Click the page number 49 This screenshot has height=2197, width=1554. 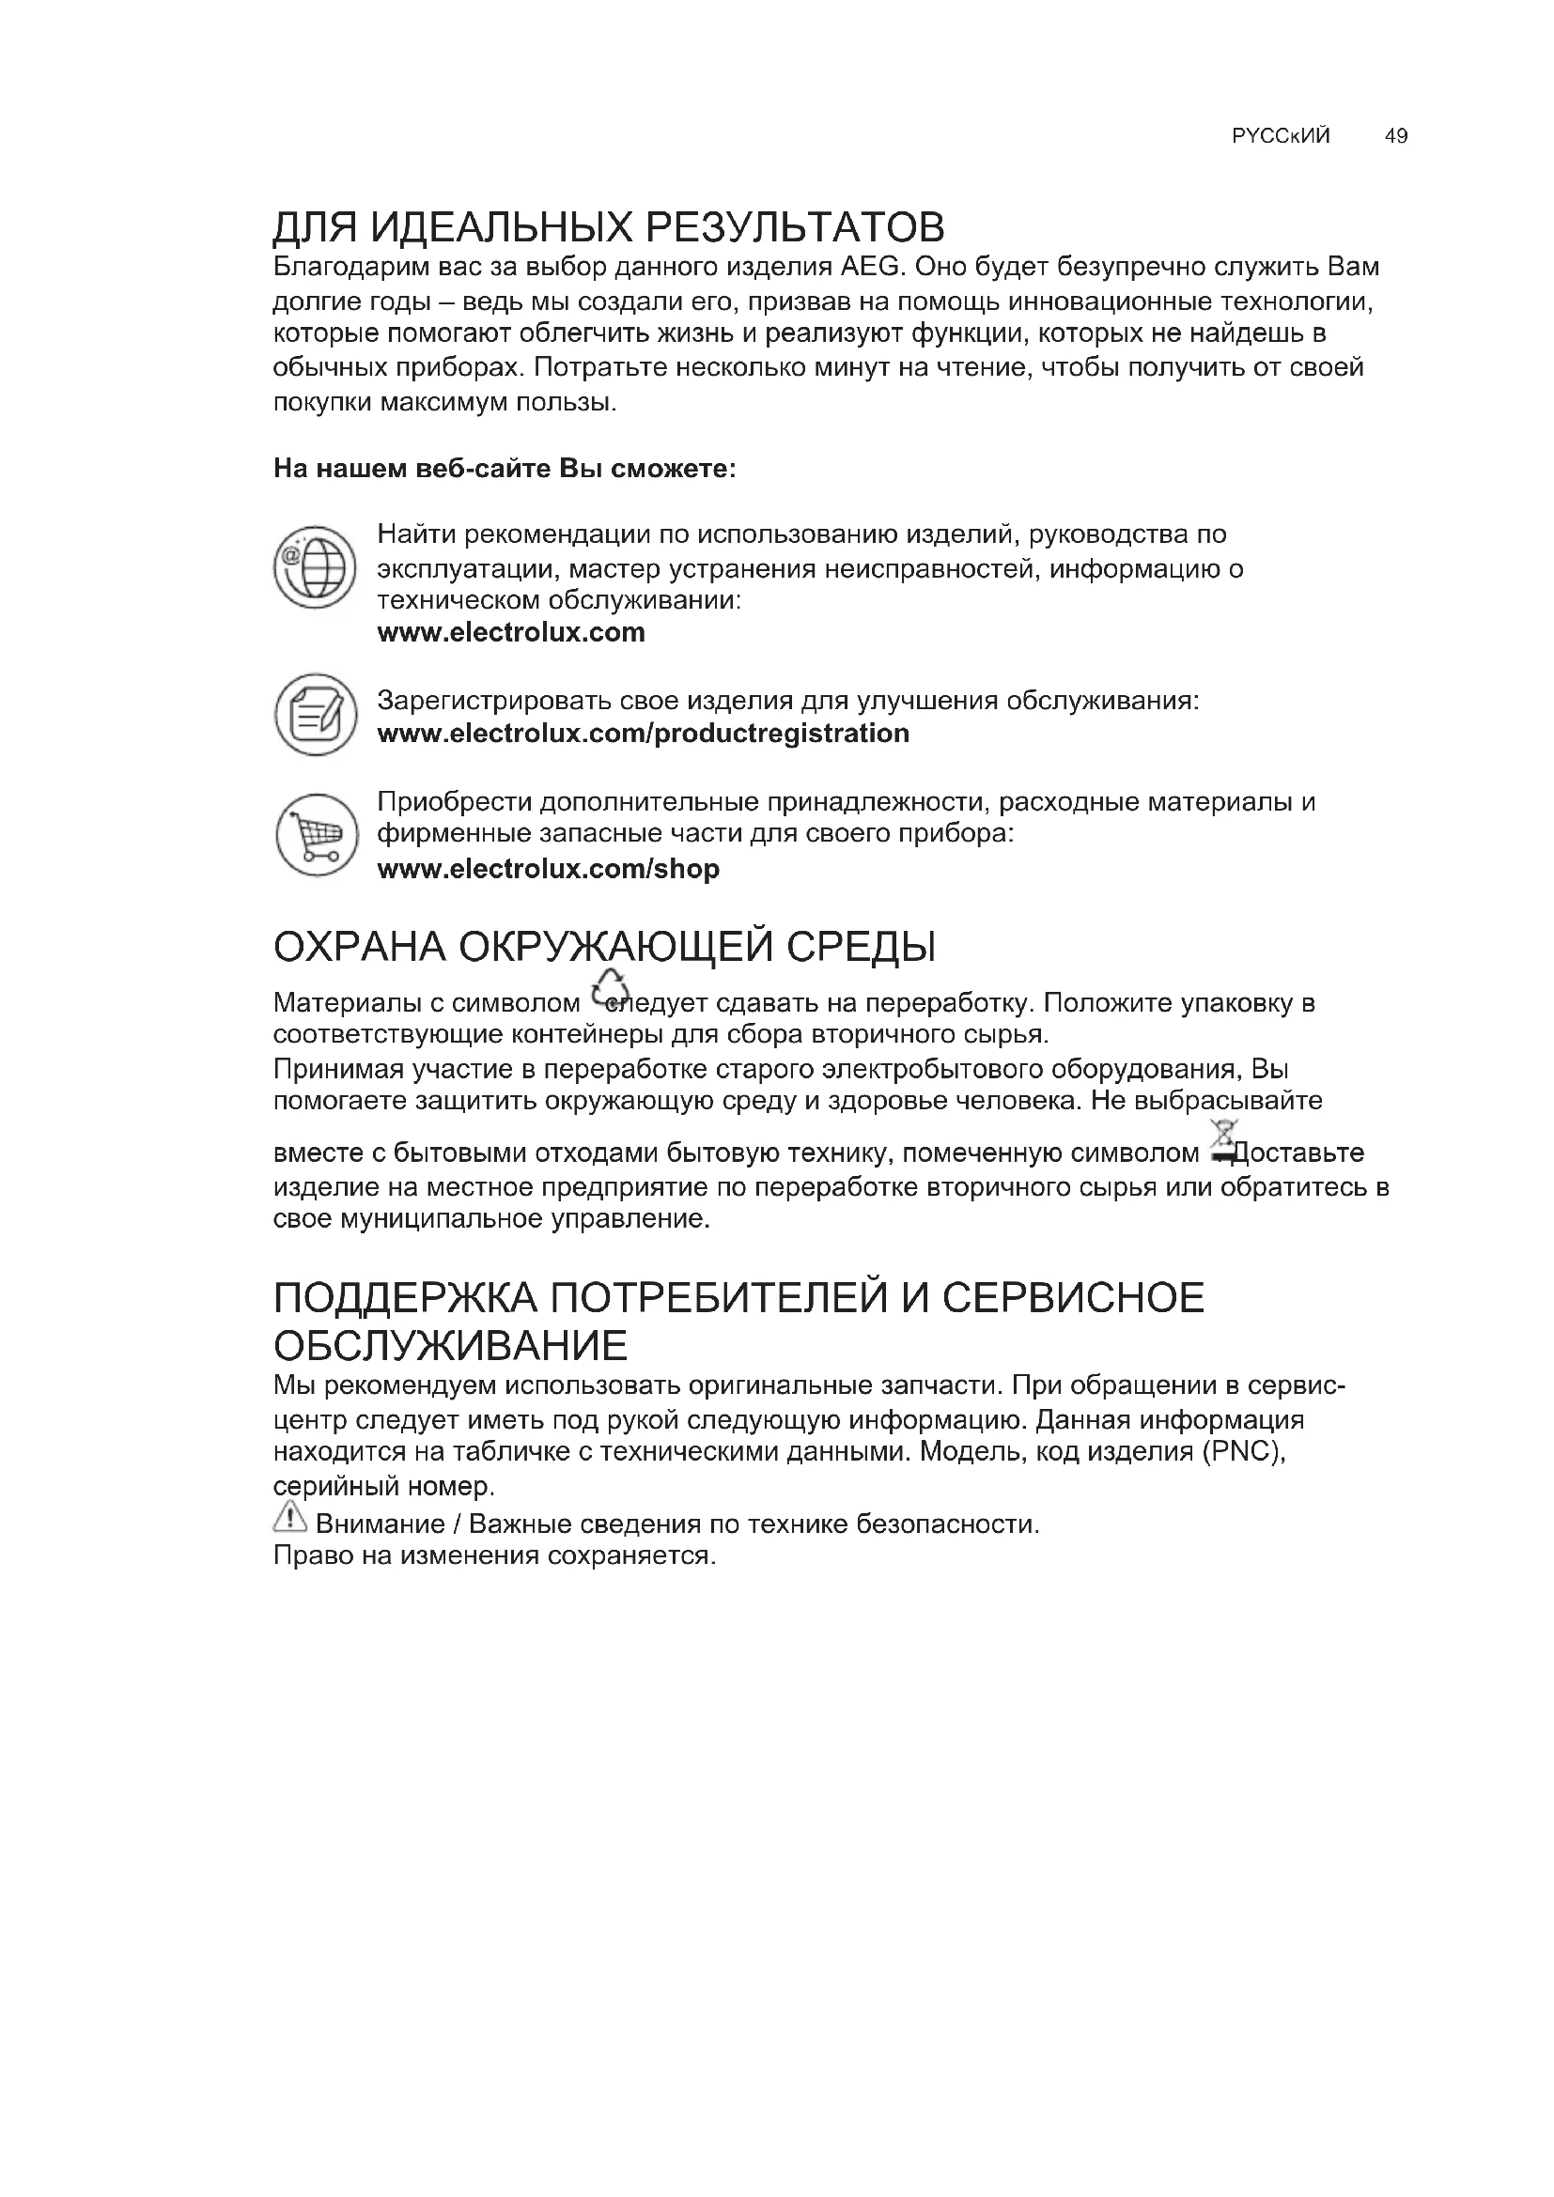[1395, 136]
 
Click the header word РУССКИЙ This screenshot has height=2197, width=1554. [1281, 136]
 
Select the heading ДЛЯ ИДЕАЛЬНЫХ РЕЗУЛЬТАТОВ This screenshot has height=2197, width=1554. [609, 227]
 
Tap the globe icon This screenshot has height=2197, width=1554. [315, 567]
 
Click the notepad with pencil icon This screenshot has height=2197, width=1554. [316, 714]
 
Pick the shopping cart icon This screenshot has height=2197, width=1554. [317, 834]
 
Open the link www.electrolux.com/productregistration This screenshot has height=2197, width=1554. [643, 734]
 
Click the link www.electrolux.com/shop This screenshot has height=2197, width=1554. [549, 869]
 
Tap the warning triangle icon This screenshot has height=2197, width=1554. [289, 1516]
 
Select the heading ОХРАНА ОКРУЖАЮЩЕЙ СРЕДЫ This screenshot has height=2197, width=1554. [605, 948]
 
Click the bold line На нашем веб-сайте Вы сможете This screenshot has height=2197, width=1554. [505, 469]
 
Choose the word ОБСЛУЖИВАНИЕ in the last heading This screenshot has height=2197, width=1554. [450, 1346]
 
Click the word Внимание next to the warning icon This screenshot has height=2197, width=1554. [380, 1524]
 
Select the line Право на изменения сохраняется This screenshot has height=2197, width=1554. [495, 1555]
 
